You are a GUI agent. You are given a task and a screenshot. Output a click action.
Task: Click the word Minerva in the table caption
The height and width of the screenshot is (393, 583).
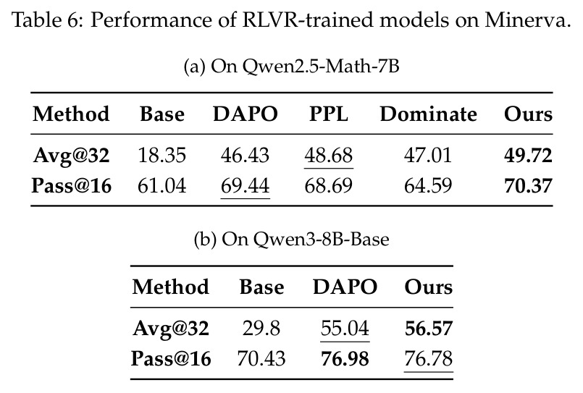coord(527,20)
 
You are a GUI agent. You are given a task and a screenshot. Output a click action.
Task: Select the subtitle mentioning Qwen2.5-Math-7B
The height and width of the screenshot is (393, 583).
coord(291,67)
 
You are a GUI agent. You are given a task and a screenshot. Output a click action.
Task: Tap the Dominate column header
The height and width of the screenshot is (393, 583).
coord(428,114)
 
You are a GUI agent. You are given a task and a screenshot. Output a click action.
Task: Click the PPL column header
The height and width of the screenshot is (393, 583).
coord(329,114)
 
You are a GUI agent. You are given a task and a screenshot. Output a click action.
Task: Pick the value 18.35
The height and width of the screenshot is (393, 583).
coord(162,155)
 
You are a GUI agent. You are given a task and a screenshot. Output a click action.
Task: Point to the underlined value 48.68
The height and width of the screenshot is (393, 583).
coord(329,155)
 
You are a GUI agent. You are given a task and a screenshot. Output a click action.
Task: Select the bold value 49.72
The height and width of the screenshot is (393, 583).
coord(528,156)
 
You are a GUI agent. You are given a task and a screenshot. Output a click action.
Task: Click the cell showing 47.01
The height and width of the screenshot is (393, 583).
coord(428,155)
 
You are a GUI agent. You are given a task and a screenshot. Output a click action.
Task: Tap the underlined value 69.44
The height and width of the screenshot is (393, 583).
coord(245,186)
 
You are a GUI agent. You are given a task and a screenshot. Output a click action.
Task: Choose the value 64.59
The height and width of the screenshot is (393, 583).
coord(428,186)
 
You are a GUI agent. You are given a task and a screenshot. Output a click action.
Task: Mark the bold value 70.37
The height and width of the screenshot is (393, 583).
coord(528,186)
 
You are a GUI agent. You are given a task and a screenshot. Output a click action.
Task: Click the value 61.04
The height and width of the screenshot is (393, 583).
coord(162,186)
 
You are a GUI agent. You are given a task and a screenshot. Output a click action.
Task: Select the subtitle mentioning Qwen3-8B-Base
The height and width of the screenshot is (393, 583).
coord(291,240)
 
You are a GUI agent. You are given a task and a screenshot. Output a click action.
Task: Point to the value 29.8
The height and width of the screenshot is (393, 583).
coord(261,329)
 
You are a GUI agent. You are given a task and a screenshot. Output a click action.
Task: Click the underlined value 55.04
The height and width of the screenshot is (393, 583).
coord(345,329)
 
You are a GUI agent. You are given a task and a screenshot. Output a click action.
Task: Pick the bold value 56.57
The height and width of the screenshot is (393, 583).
coord(429,329)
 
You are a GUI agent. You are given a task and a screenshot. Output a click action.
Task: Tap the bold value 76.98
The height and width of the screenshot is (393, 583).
coord(345,359)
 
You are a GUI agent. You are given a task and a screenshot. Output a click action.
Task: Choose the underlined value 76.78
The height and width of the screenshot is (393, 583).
coord(429,359)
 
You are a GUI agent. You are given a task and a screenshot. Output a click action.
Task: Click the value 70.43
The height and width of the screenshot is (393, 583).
coord(261,359)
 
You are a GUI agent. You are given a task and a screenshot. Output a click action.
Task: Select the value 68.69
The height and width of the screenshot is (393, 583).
coord(329,186)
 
